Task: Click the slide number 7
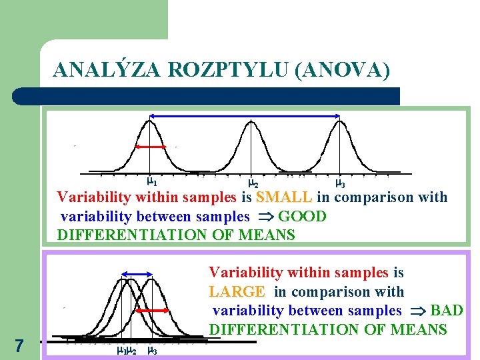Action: coord(19,345)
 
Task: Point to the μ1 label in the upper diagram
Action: coord(151,181)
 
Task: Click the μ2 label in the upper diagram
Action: coord(253,183)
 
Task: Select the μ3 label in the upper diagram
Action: coord(339,183)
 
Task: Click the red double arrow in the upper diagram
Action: coord(150,147)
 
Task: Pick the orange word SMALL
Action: coord(284,197)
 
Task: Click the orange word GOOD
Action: coord(302,216)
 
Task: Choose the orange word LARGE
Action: coord(237,292)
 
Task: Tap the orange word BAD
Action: coord(447,311)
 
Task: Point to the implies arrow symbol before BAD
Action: coord(416,311)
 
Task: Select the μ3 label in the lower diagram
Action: coord(151,351)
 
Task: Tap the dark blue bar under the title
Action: coord(207,96)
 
